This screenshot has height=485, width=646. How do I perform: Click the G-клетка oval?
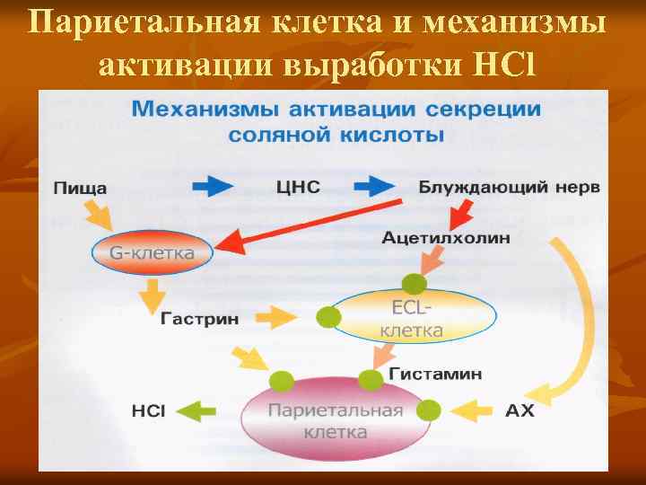click(152, 252)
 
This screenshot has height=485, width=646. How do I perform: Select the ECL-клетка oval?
click(414, 318)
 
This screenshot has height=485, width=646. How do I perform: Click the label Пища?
click(81, 189)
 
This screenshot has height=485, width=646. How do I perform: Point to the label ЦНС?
click(297, 188)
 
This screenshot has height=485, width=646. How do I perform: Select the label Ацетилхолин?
click(446, 238)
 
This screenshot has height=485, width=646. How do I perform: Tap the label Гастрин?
click(198, 319)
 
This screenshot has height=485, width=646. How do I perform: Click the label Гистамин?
click(435, 373)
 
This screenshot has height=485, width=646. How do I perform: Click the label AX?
click(519, 411)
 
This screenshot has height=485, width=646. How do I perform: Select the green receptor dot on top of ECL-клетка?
click(413, 286)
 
